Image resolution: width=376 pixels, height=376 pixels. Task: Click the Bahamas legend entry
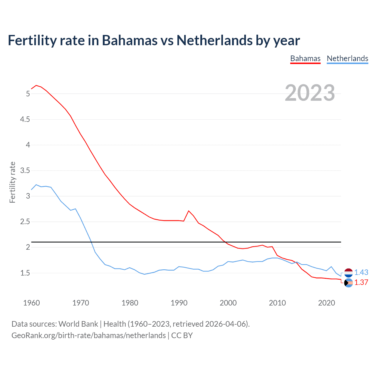[x=305, y=58]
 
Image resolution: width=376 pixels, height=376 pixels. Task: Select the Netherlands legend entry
[x=347, y=58]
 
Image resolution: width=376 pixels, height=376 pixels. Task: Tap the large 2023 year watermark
[x=310, y=93]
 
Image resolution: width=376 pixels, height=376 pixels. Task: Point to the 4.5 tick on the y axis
[x=25, y=119]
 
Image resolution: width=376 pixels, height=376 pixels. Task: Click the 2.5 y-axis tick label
[x=25, y=221]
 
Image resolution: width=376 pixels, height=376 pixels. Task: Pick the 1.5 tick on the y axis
[x=25, y=273]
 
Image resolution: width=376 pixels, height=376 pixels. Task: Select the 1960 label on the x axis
[x=31, y=303]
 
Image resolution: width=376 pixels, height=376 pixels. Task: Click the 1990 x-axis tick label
[x=179, y=303]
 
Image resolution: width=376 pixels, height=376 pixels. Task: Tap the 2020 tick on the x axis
[x=326, y=303]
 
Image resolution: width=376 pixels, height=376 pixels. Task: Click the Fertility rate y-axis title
[x=12, y=182]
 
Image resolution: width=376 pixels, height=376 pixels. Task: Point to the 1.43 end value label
[x=361, y=272]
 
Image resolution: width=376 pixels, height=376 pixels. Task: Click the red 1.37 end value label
[x=361, y=282]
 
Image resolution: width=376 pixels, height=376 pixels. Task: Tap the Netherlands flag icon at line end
[x=348, y=273]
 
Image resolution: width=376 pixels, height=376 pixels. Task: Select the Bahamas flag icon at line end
[x=348, y=283]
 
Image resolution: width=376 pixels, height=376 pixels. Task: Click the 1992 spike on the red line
[x=189, y=211]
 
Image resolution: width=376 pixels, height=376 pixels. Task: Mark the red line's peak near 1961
[x=36, y=85]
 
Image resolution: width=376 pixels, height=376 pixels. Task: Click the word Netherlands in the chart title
[x=214, y=40]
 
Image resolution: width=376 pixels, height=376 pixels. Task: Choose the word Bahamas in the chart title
[x=130, y=40]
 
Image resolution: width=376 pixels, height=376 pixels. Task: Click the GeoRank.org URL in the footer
[x=88, y=335]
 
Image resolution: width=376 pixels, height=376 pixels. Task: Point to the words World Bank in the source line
[x=78, y=324]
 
